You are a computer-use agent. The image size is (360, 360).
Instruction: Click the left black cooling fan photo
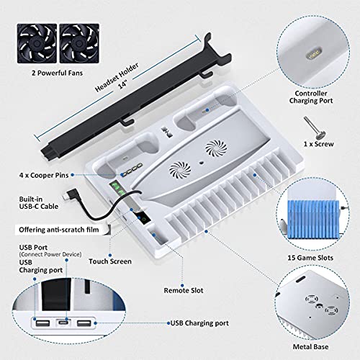37,43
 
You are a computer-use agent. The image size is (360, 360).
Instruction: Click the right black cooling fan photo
79,43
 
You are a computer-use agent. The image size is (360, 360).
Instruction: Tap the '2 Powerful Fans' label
57,73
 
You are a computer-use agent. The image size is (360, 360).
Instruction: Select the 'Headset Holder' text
117,77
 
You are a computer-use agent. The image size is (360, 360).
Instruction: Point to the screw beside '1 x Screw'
314,127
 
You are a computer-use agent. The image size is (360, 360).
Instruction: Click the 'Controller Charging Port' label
311,97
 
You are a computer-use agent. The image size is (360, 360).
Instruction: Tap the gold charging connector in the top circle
313,55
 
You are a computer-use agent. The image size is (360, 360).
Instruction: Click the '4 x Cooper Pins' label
44,175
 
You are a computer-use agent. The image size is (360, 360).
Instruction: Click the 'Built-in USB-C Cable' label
39,203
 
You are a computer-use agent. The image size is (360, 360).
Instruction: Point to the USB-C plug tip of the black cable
66,197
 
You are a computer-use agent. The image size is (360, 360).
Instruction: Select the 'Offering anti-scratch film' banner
59,230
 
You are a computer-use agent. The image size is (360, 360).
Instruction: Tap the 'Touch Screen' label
110,261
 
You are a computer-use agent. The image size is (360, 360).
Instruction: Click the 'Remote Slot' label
184,290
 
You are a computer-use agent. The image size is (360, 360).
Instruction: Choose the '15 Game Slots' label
310,258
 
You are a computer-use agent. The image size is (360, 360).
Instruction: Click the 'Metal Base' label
310,347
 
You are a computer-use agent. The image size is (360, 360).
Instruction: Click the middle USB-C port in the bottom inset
63,323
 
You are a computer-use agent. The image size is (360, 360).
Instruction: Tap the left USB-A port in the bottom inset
42,323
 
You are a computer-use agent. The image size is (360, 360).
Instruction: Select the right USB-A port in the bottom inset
84,323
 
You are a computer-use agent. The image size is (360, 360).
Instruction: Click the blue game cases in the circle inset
313,220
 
